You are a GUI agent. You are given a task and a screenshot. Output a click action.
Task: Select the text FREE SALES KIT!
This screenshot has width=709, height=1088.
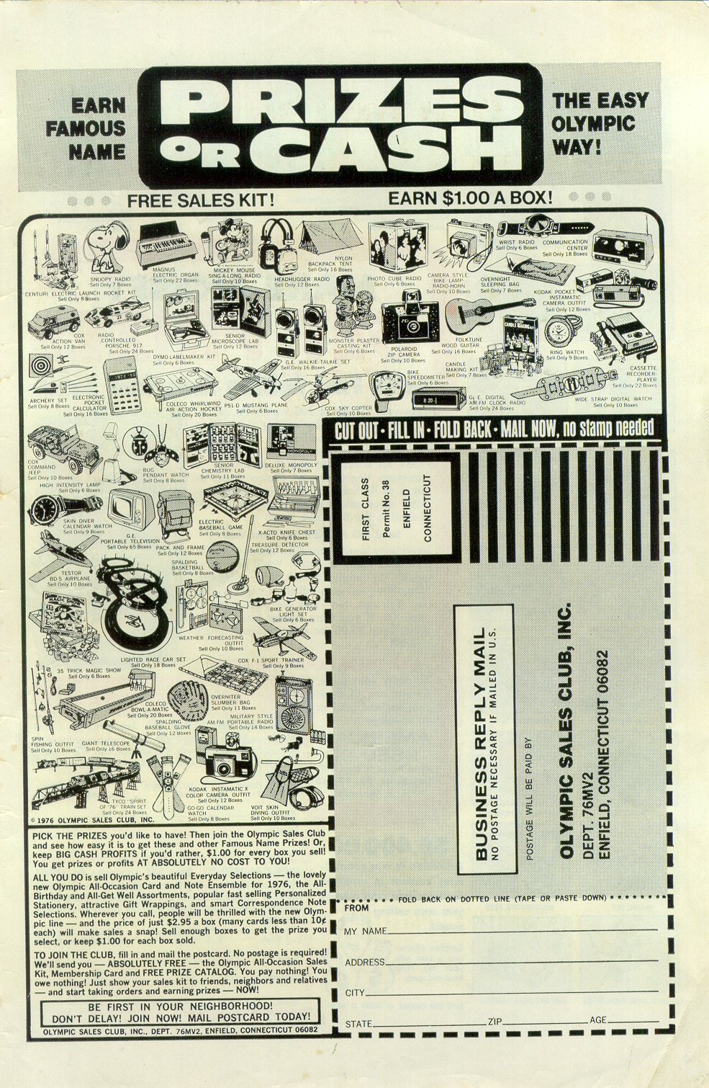tap(200, 200)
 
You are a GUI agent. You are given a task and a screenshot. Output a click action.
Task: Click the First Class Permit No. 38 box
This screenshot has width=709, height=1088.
tap(396, 509)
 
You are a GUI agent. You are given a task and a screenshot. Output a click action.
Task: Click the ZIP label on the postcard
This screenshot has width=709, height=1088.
tap(495, 1022)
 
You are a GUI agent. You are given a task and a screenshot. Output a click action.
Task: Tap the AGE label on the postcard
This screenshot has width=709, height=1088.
tap(598, 1021)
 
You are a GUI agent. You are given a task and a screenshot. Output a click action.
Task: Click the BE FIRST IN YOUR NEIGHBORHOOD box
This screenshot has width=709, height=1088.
tap(180, 1011)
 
